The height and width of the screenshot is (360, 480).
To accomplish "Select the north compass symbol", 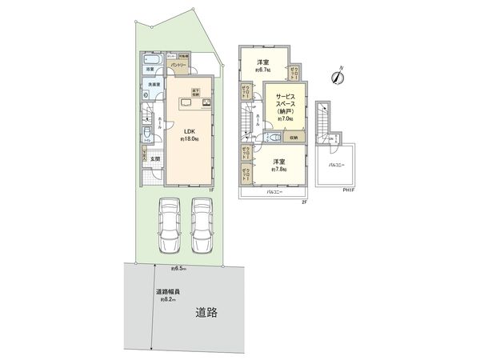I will (x=338, y=77).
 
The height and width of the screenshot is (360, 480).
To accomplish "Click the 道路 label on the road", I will (x=207, y=313).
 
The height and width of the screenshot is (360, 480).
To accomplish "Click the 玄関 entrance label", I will (x=154, y=158).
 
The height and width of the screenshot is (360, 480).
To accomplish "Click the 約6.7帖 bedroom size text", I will (x=262, y=69).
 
